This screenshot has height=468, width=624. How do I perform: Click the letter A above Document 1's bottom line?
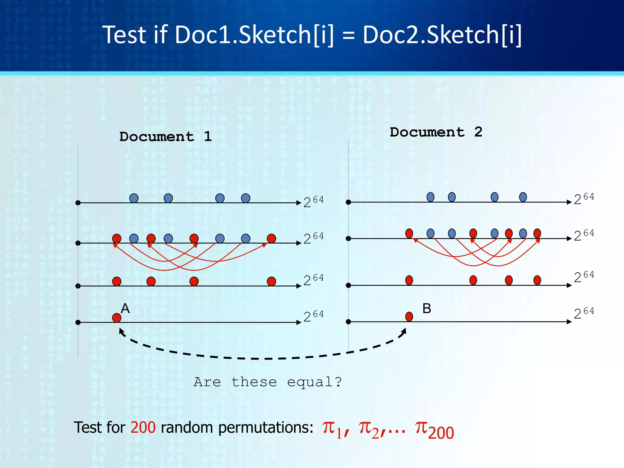click(125, 309)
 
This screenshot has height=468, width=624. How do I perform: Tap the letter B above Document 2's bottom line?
click(427, 309)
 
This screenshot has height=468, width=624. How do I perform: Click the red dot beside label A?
click(117, 318)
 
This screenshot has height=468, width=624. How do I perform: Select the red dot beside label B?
click(409, 317)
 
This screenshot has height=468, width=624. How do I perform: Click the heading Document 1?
click(165, 136)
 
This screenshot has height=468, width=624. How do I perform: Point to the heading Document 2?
click(436, 132)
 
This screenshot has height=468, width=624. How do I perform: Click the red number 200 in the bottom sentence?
click(143, 427)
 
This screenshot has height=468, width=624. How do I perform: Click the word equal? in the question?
click(314, 382)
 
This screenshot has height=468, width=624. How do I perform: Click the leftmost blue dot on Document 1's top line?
click(134, 198)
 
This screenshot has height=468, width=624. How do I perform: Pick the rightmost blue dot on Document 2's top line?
click(523, 197)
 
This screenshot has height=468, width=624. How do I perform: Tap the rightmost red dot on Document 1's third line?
click(271, 281)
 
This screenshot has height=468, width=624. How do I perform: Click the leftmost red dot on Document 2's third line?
click(409, 280)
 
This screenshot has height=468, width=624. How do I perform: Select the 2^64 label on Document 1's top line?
click(313, 202)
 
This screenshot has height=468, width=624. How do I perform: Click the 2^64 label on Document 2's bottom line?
click(584, 313)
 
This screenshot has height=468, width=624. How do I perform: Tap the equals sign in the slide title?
click(349, 35)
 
